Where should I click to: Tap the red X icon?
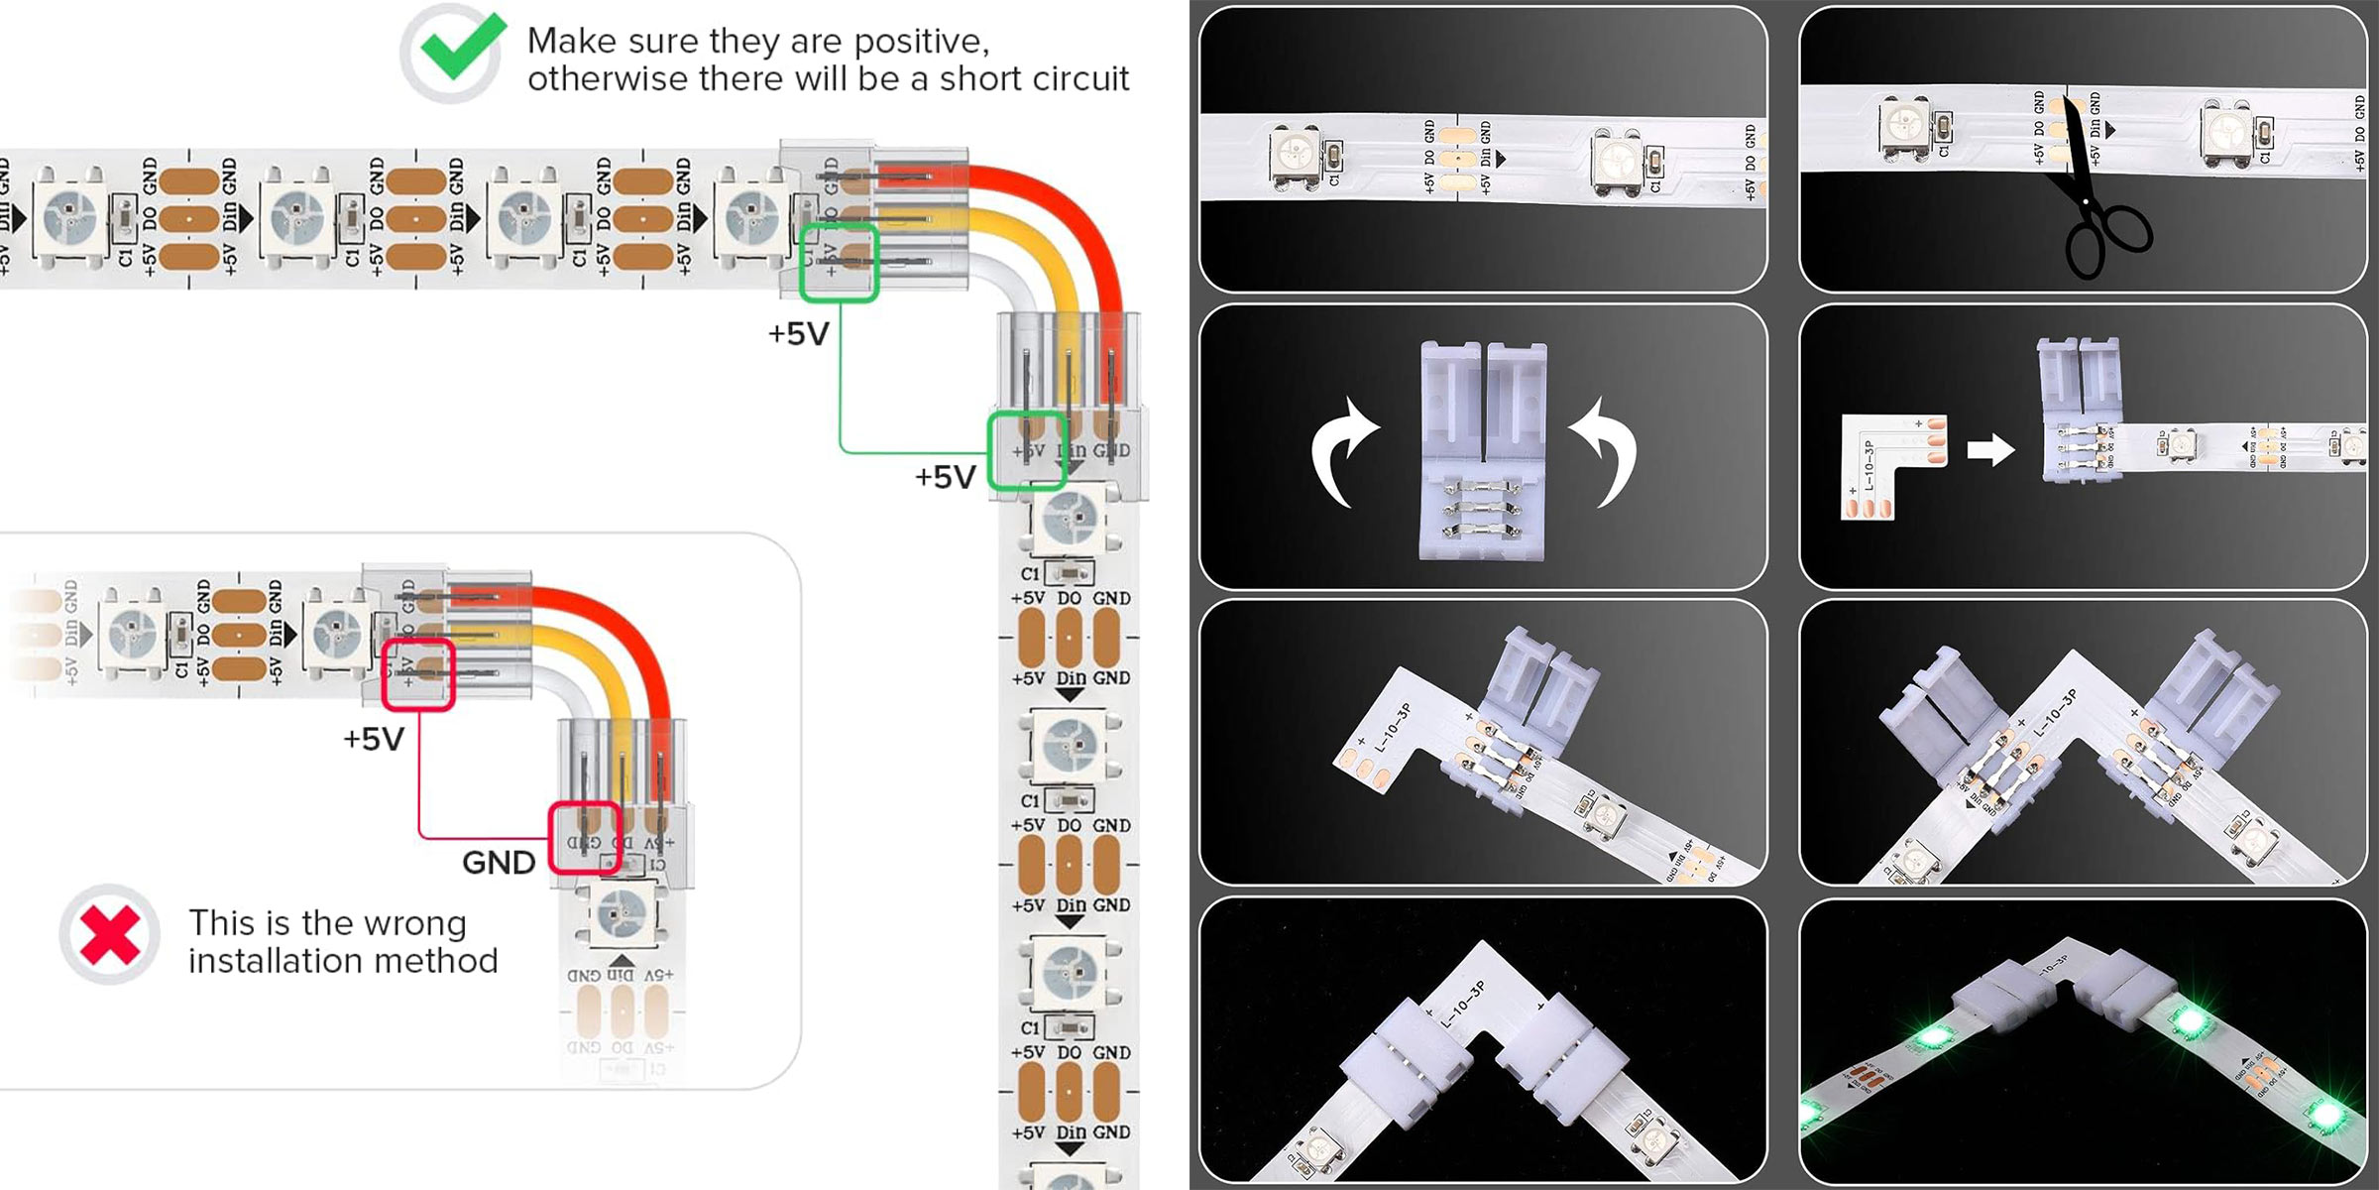pos(109,934)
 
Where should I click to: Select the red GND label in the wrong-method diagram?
pos(499,863)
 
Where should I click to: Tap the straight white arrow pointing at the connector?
pos(1990,450)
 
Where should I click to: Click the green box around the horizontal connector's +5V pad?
pos(839,262)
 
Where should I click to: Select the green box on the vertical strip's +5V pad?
pos(1027,450)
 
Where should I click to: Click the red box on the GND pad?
pos(585,838)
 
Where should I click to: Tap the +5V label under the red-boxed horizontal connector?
pos(374,740)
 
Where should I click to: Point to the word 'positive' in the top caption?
pos(921,41)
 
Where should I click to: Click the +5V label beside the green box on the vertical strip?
pos(945,478)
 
